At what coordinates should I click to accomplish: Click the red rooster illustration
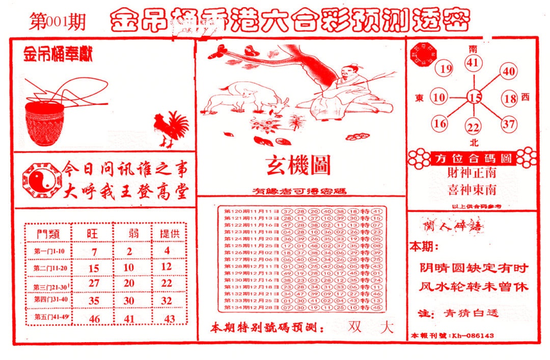[x=170, y=128]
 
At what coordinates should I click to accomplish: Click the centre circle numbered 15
[x=475, y=97]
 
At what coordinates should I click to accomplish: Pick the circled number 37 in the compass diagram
[x=508, y=123]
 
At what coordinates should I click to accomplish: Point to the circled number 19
[x=446, y=69]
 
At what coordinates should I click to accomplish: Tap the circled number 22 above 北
[x=474, y=127]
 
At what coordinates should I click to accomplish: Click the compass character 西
[x=526, y=97]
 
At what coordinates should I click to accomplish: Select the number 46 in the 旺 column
[x=94, y=319]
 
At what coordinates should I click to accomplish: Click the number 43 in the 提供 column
[x=169, y=319]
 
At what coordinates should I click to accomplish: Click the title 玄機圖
[x=298, y=165]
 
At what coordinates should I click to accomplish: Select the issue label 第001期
[x=57, y=22]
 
